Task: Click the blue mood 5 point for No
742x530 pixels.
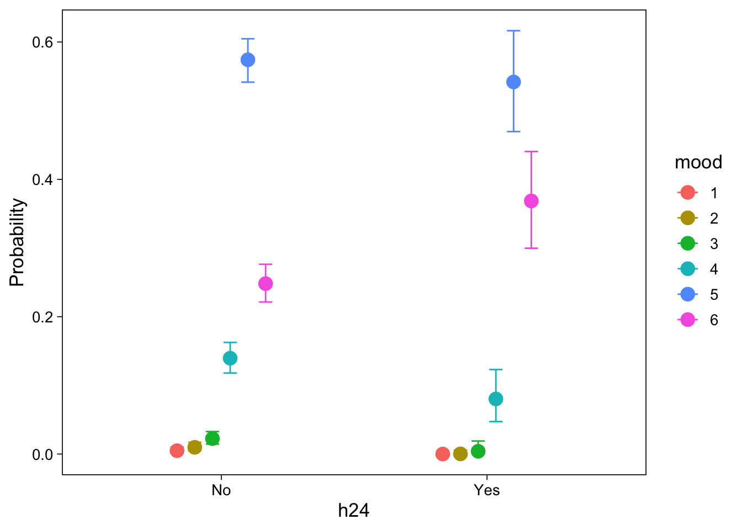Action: click(x=248, y=60)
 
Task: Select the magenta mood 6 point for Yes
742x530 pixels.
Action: click(x=531, y=201)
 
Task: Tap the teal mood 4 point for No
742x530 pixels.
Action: click(x=230, y=358)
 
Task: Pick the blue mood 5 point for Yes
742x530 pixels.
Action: click(x=513, y=82)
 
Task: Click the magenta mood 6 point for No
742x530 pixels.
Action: click(x=266, y=284)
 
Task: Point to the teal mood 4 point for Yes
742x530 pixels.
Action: click(x=496, y=399)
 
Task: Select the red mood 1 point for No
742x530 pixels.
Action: click(x=177, y=451)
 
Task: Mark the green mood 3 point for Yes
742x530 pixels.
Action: click(x=478, y=451)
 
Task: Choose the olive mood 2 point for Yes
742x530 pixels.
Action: click(x=460, y=454)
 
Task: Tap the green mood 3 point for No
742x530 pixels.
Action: click(x=213, y=438)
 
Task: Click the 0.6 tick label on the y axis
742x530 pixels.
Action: click(x=43, y=43)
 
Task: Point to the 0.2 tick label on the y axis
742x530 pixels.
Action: click(x=43, y=317)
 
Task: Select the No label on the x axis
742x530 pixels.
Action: click(x=221, y=490)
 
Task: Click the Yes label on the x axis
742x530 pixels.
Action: click(x=486, y=490)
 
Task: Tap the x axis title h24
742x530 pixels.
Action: click(x=353, y=511)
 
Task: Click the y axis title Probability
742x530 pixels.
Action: click(x=17, y=242)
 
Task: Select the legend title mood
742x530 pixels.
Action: click(x=698, y=162)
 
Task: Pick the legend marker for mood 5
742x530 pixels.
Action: click(x=687, y=294)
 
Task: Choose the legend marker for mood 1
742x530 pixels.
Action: click(x=687, y=193)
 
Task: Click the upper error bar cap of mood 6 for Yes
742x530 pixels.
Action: click(x=531, y=151)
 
